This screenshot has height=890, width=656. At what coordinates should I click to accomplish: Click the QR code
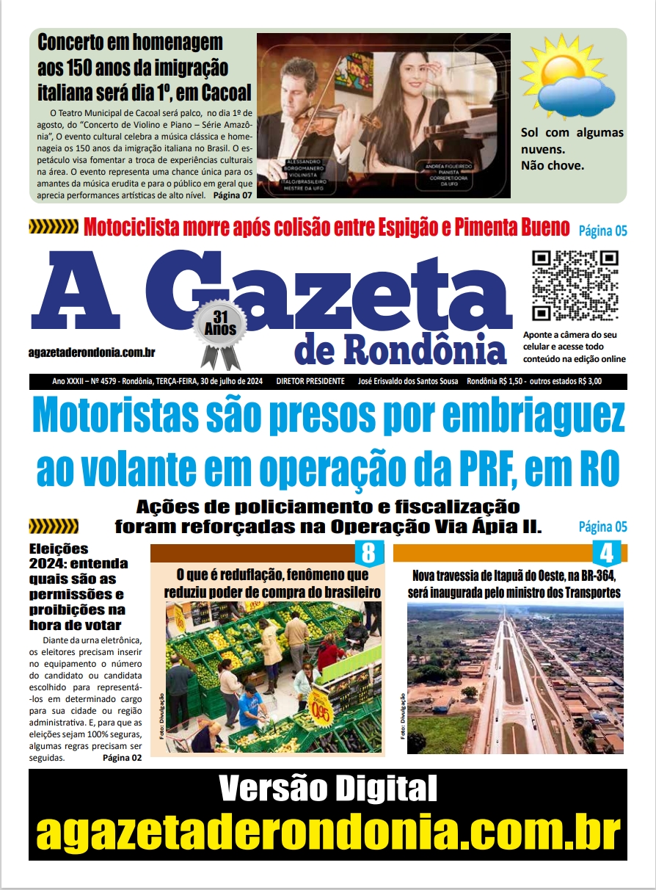575,285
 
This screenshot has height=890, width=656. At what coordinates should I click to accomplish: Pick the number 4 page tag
606,551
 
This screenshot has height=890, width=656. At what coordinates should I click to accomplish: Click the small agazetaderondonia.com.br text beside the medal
92,352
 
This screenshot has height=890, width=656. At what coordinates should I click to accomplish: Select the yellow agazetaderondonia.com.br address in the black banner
327,831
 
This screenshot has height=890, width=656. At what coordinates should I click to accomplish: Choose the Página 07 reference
232,196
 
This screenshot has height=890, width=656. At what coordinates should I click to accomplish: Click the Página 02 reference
122,758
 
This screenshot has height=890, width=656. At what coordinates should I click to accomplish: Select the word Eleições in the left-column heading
59,548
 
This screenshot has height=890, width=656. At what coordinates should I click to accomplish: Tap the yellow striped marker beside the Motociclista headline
53,228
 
